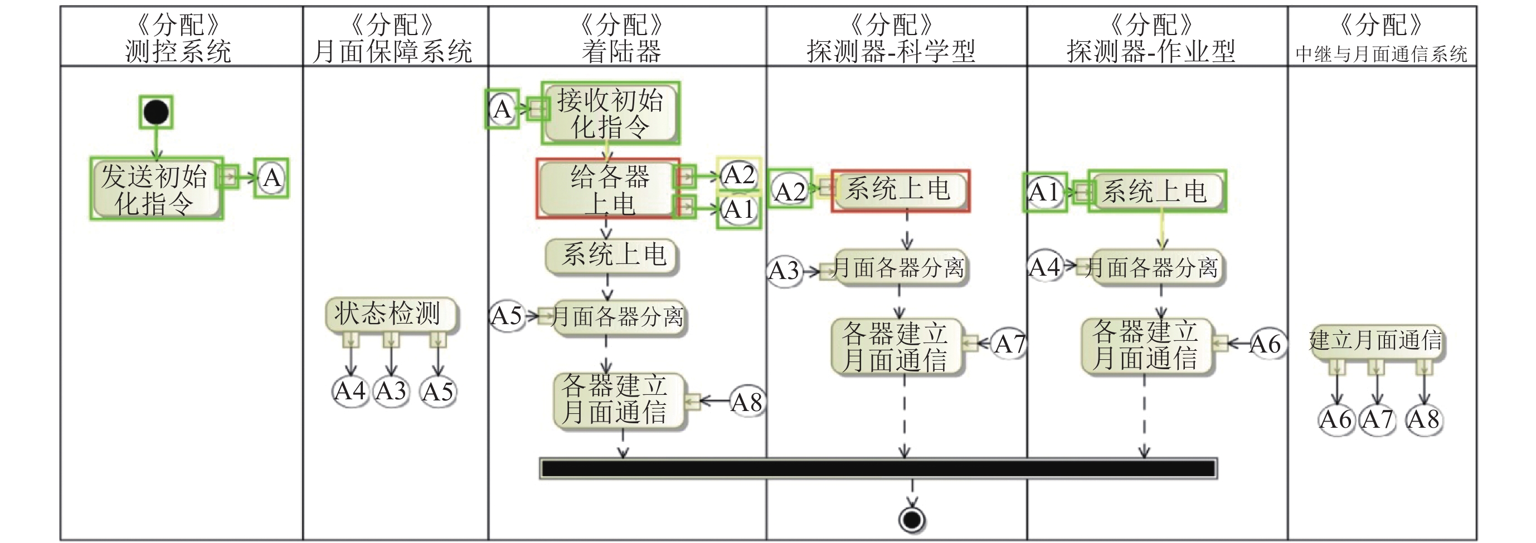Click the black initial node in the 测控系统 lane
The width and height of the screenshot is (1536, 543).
[x=156, y=112]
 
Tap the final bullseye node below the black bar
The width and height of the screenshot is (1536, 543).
[x=912, y=520]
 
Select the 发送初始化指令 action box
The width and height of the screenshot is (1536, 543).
[x=155, y=189]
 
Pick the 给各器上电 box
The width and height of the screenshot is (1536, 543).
[x=607, y=189]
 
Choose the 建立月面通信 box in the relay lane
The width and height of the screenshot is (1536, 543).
[x=1376, y=341]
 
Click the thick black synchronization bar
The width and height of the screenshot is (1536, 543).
[x=878, y=468]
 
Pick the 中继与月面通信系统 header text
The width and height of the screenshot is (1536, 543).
[x=1381, y=53]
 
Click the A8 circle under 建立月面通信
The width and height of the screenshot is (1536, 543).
[x=1424, y=419]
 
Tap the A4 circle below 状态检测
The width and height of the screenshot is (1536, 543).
[x=350, y=392]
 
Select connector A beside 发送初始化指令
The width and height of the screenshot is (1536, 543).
[x=272, y=178]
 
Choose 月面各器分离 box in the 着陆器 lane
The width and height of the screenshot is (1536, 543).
[x=617, y=316]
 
